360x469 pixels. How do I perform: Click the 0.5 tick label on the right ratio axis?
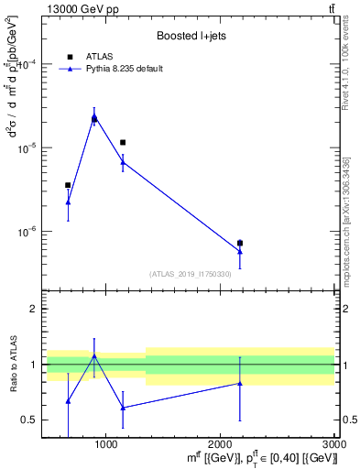(x=350, y=420)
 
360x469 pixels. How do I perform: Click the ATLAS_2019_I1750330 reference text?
(x=191, y=274)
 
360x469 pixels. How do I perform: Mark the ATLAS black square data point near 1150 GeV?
(x=123, y=142)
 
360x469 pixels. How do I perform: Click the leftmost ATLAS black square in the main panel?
(x=68, y=185)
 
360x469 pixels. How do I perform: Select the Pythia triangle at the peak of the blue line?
(x=94, y=116)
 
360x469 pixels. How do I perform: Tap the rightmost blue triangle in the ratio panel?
(x=240, y=383)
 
